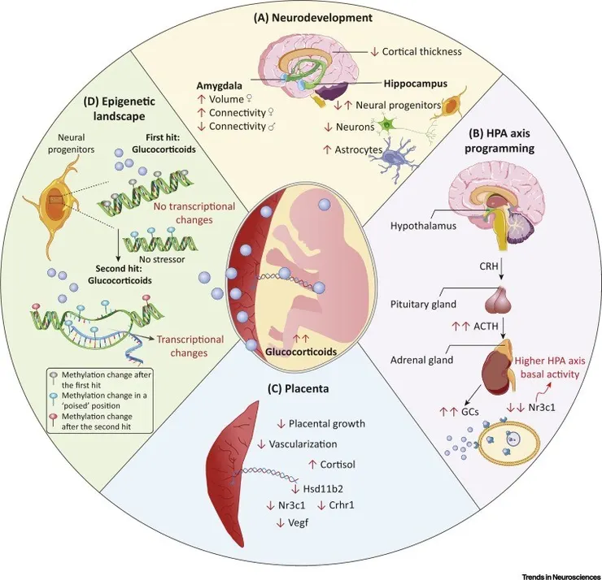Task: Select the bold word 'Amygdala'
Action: pos(222,84)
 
